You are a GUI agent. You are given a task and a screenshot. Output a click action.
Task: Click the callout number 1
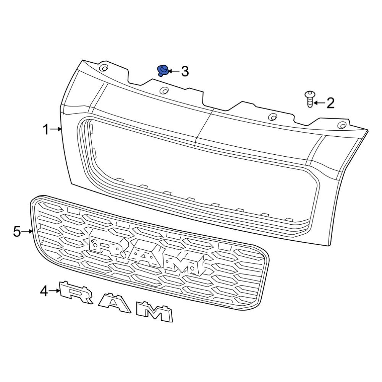pos(45,130)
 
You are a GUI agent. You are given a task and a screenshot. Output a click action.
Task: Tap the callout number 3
pos(185,71)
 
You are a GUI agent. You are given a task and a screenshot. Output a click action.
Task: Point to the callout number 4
pos(44,291)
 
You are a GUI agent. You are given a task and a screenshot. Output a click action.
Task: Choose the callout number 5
pos(17,231)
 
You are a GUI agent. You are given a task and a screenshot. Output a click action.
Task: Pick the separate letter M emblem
pos(155,311)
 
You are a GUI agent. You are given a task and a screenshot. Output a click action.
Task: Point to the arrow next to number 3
pos(173,71)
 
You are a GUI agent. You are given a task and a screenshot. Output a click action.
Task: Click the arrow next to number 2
pos(319,103)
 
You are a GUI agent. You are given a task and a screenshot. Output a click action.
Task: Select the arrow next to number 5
pos(28,231)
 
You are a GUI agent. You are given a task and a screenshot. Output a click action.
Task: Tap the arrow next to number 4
pos(55,291)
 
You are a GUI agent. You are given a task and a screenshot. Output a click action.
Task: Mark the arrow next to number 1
pos(56,129)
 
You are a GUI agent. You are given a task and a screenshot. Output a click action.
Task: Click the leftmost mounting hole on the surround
pos(104,68)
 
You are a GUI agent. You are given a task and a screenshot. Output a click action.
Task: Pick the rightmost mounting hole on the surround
pos(342,125)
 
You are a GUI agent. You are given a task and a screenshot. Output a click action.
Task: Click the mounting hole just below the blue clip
pos(164,91)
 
